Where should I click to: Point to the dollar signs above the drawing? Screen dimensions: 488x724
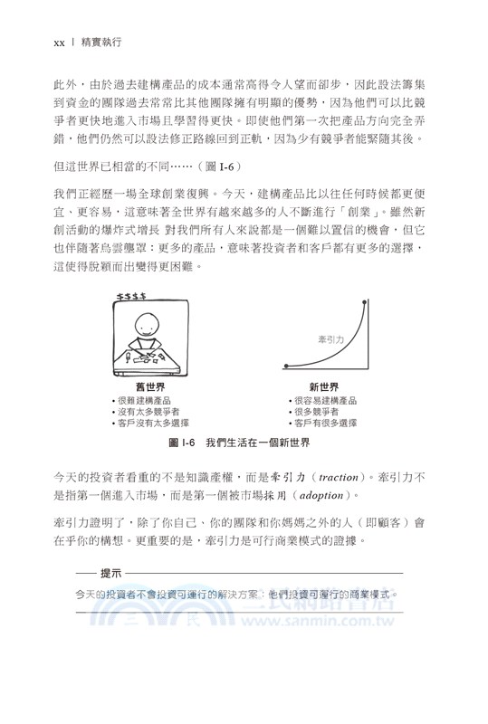128,296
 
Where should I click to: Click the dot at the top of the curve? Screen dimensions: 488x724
365,300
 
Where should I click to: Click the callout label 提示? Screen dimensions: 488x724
111,574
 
